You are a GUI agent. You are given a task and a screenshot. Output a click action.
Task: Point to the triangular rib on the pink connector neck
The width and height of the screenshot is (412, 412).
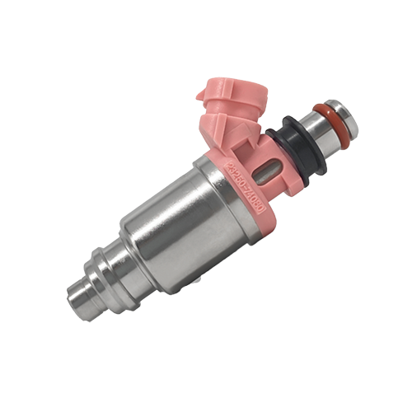pyautogui.click(x=247, y=132)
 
